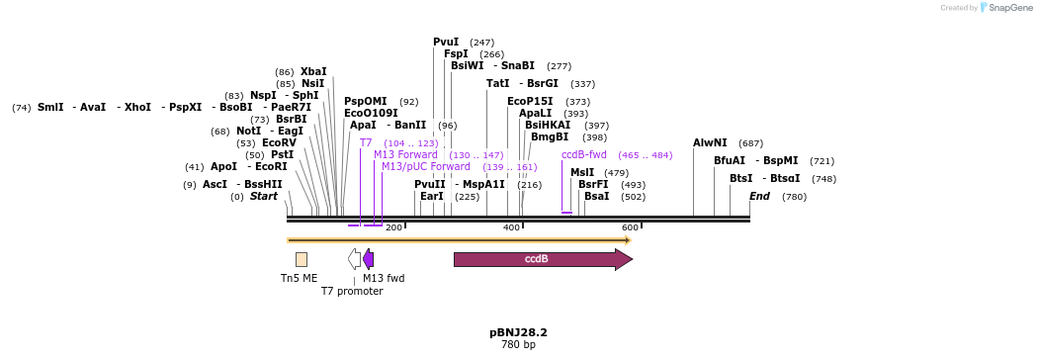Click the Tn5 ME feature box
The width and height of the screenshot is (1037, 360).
click(x=302, y=259)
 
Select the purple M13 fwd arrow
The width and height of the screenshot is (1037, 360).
click(x=368, y=259)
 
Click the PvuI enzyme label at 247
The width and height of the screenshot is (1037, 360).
click(x=446, y=43)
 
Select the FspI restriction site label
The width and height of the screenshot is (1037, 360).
click(x=456, y=54)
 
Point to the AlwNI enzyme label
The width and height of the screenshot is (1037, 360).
click(x=710, y=143)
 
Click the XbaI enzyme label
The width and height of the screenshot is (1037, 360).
click(x=313, y=72)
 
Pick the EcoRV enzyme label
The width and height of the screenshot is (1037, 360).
click(x=279, y=143)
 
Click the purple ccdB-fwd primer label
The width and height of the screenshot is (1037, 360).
click(x=584, y=155)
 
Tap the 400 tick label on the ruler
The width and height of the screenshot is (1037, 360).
click(x=512, y=227)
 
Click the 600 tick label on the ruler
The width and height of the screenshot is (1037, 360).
click(x=630, y=227)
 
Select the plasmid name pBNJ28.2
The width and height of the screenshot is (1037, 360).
click(x=518, y=332)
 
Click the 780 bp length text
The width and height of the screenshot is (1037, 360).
click(x=518, y=345)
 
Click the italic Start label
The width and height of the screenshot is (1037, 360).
click(x=264, y=197)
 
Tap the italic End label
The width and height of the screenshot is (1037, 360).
click(x=759, y=197)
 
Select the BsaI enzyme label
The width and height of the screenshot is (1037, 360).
click(x=597, y=197)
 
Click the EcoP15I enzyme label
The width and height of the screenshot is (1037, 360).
click(x=531, y=102)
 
